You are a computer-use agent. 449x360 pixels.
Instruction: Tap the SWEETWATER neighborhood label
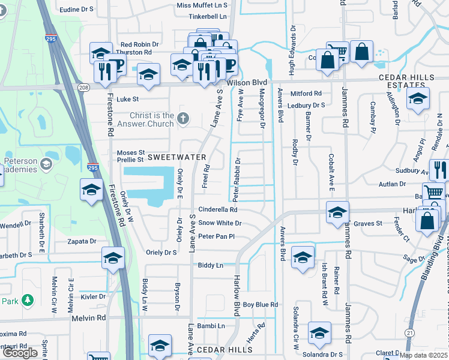(177, 157)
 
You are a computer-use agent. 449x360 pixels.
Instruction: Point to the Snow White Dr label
(220, 223)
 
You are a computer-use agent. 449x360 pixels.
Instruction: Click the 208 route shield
(83, 88)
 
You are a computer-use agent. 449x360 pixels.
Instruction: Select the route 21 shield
(409, 332)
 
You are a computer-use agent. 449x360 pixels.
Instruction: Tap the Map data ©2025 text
(423, 355)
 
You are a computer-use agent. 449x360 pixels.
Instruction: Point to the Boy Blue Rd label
(261, 305)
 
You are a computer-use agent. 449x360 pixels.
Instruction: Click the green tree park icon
(27, 299)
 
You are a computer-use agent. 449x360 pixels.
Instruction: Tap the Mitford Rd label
(306, 94)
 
